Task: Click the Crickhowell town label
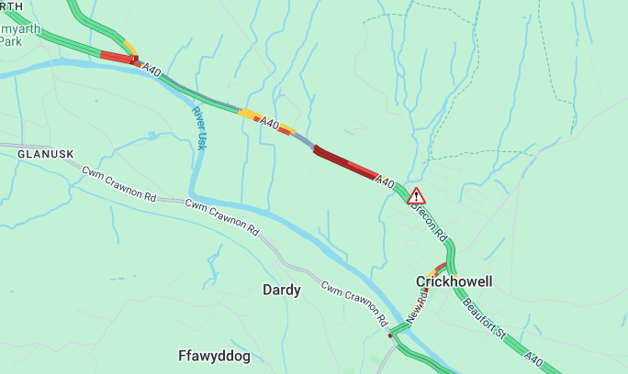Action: click(x=454, y=281)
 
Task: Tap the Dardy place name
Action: click(x=282, y=290)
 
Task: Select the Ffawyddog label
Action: click(x=214, y=355)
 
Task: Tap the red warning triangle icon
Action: click(x=416, y=195)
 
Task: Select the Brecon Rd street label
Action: click(x=430, y=224)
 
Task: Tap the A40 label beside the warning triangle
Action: click(x=385, y=183)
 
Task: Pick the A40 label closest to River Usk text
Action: click(x=152, y=70)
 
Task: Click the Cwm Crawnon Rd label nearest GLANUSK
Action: click(x=119, y=183)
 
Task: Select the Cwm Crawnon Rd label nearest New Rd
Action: click(x=353, y=304)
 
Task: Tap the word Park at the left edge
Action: click(x=11, y=41)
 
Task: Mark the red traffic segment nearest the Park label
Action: click(x=117, y=57)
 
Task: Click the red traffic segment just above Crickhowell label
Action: click(x=441, y=268)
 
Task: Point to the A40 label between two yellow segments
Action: click(x=269, y=123)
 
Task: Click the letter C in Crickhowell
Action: click(x=421, y=281)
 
